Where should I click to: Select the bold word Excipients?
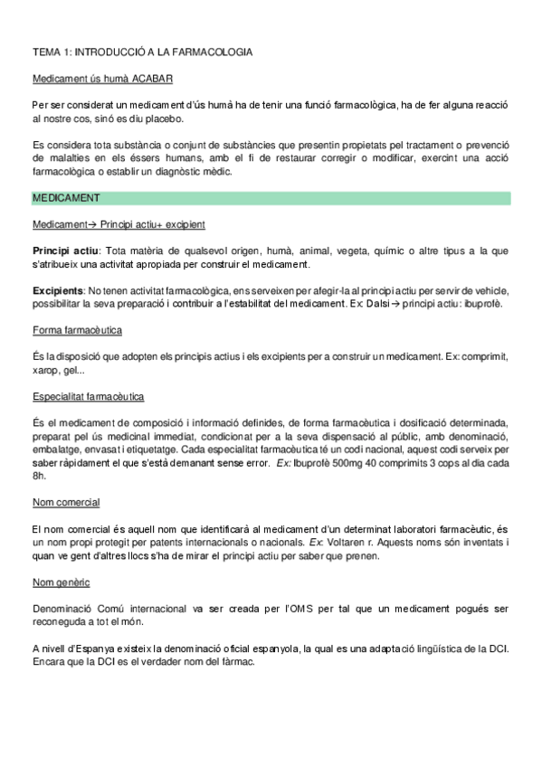pos(56,290)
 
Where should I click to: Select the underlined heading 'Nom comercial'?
pos(65,502)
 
